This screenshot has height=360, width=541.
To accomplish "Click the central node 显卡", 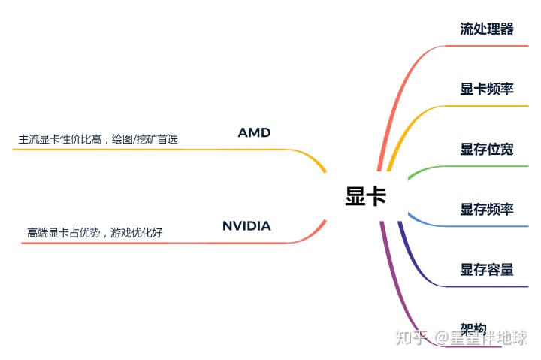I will pyautogui.click(x=366, y=197).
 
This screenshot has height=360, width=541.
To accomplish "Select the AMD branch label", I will pyautogui.click(x=254, y=133).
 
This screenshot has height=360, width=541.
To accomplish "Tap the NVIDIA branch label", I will pyautogui.click(x=246, y=226).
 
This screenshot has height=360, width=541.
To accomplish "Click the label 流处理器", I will pyautogui.click(x=487, y=29).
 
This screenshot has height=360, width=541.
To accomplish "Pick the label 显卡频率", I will pyautogui.click(x=487, y=89).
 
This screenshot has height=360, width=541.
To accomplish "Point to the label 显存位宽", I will pyautogui.click(x=487, y=149).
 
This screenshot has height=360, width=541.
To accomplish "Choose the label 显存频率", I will pyautogui.click(x=487, y=209).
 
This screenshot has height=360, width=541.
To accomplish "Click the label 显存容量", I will pyautogui.click(x=487, y=269).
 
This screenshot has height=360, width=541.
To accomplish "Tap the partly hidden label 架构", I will pyautogui.click(x=473, y=328).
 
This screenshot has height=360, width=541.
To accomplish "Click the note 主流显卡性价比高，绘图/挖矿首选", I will pyautogui.click(x=98, y=139).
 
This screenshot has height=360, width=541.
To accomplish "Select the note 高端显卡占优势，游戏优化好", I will pyautogui.click(x=95, y=233).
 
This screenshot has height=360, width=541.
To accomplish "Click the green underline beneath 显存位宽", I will pyautogui.click(x=481, y=166).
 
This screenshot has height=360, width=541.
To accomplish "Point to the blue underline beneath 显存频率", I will pyautogui.click(x=481, y=226).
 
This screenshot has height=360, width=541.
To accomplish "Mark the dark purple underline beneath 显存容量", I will pyautogui.click(x=481, y=286).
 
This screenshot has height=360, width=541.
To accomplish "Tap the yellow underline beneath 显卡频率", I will pyautogui.click(x=481, y=106).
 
